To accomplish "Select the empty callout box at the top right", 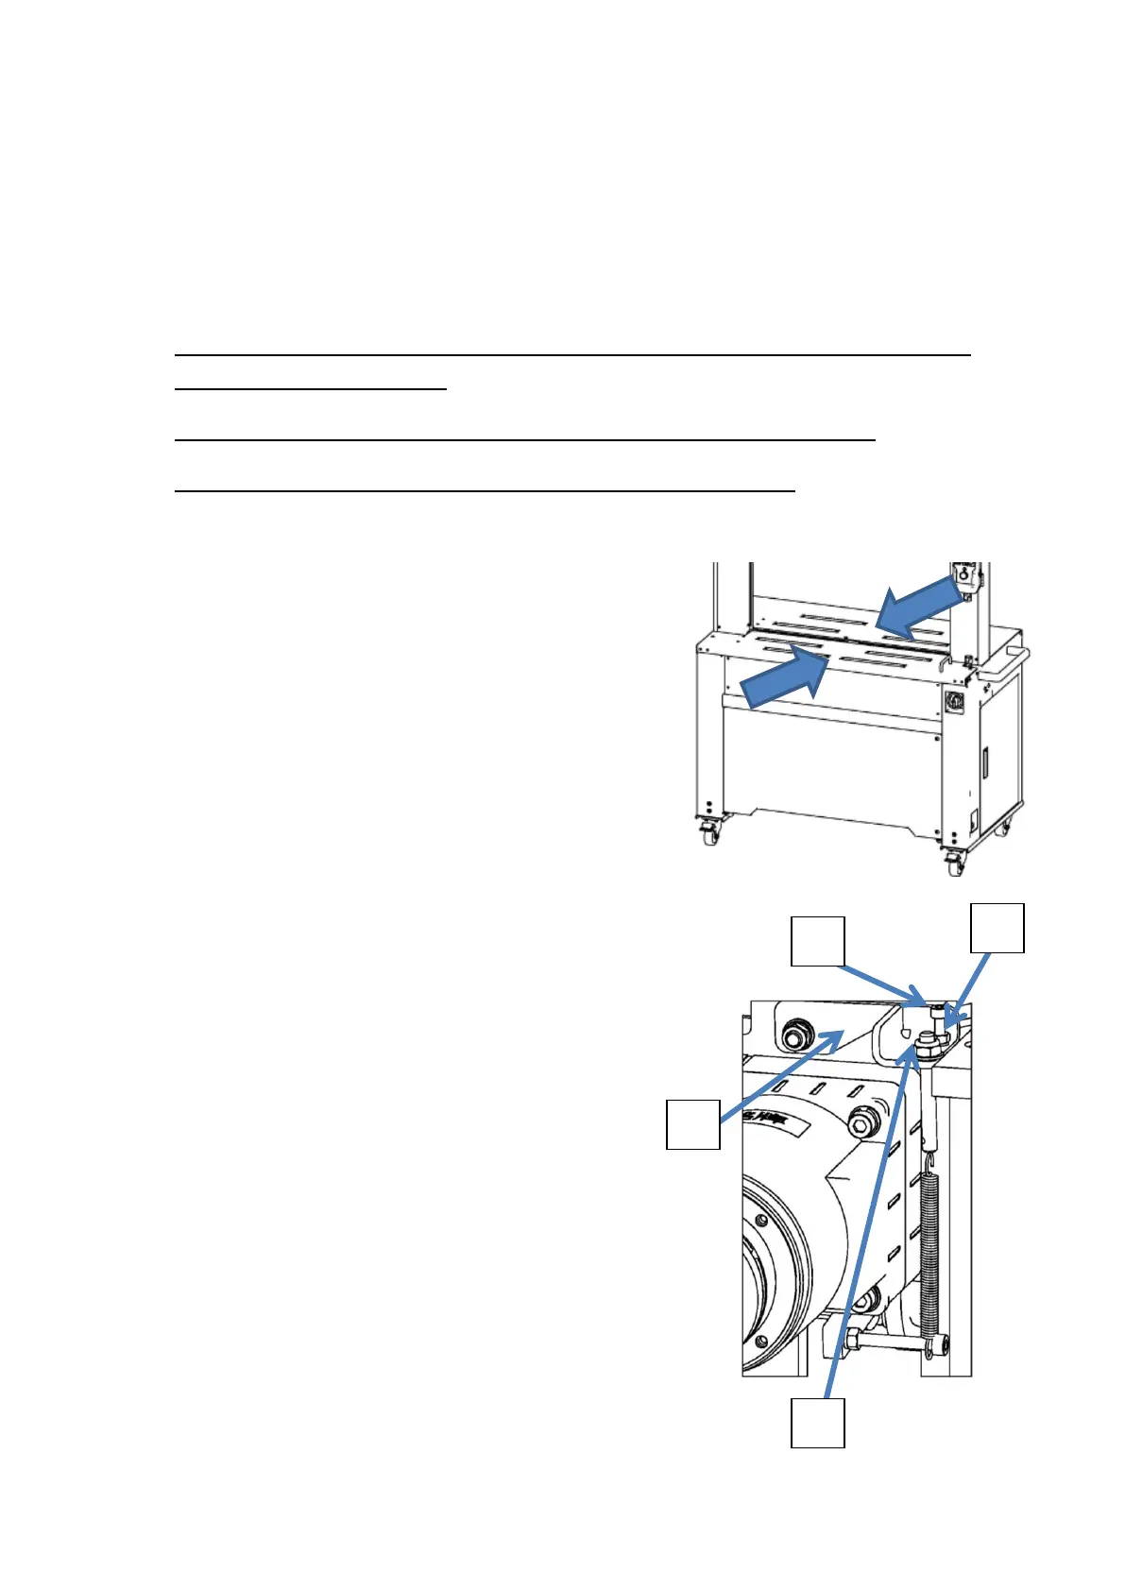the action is tap(998, 928).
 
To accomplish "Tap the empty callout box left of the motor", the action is tap(693, 1123).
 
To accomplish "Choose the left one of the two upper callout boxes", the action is tap(817, 940).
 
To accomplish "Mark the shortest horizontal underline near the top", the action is tap(311, 387).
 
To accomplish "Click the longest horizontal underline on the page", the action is tap(573, 354).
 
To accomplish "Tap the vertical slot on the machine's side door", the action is tap(983, 761).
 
